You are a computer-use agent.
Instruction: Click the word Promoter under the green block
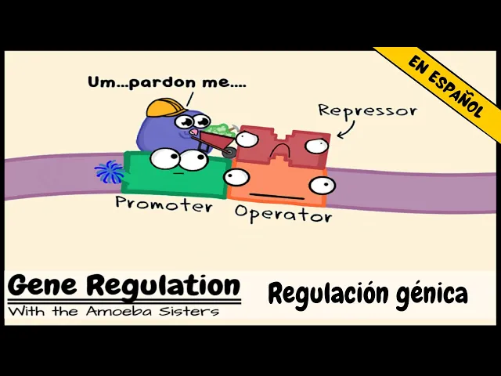click(x=164, y=204)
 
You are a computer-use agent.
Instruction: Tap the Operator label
click(x=283, y=214)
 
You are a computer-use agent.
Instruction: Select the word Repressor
click(x=366, y=110)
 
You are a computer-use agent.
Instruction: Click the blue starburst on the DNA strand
click(x=107, y=172)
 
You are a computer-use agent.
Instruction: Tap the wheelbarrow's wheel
click(x=228, y=153)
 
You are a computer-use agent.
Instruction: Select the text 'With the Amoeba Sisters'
click(x=114, y=311)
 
